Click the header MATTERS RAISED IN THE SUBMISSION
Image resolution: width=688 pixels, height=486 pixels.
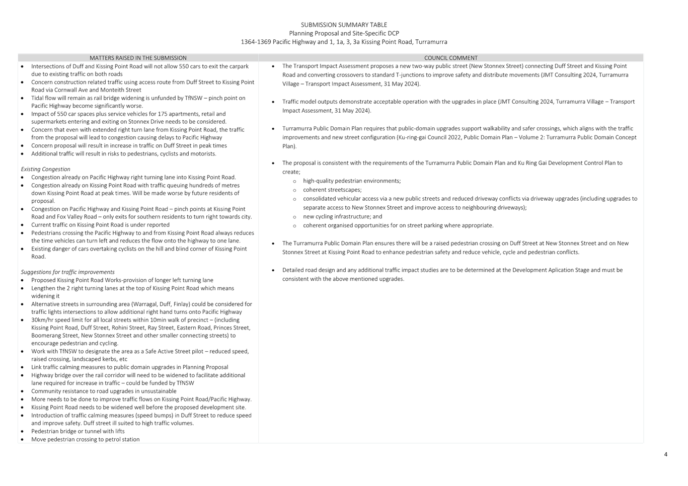click(x=138, y=58)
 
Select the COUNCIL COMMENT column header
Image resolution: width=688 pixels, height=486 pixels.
click(x=450, y=58)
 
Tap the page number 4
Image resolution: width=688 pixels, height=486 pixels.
click(x=665, y=454)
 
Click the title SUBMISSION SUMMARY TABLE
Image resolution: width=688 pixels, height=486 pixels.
click(x=344, y=25)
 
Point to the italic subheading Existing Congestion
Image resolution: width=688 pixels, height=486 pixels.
click(x=45, y=169)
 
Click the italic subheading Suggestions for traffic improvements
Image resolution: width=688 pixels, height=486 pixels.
click(x=67, y=272)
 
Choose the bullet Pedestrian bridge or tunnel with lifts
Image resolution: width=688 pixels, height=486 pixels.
click(x=78, y=431)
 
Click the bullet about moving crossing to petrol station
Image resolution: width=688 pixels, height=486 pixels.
click(x=85, y=439)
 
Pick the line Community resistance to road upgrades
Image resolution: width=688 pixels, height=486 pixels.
click(x=103, y=391)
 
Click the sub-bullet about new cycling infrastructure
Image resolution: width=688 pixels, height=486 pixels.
click(x=342, y=216)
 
